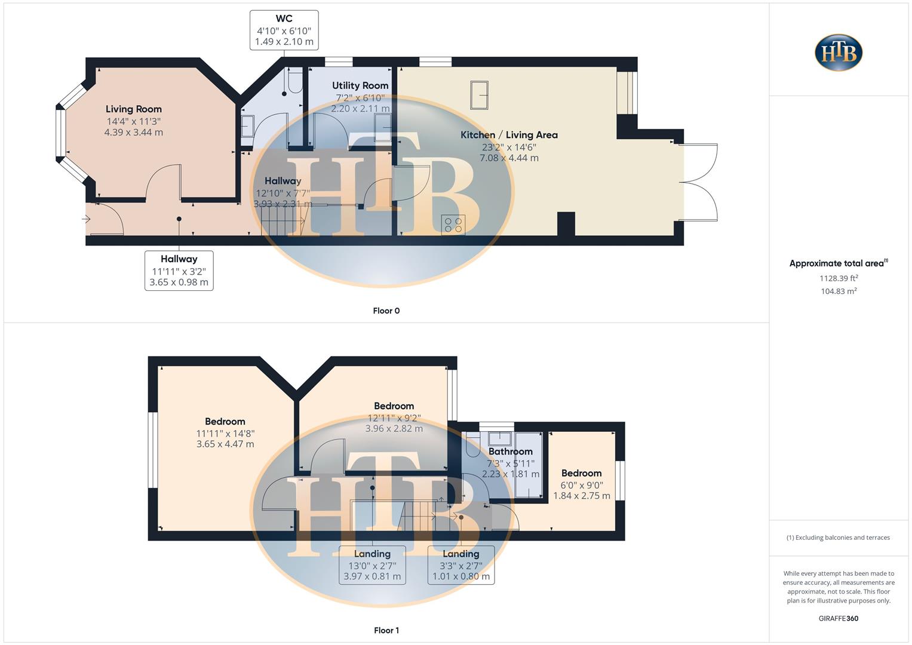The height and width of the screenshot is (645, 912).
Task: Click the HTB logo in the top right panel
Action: [x=839, y=53]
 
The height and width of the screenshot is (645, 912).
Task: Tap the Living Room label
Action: [x=134, y=109]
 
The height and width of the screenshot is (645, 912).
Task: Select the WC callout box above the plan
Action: [x=284, y=30]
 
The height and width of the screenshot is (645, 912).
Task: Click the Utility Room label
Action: [x=360, y=86]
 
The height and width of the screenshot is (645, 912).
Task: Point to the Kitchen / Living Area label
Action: [x=509, y=135]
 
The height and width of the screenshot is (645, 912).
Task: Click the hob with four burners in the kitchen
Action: [x=453, y=225]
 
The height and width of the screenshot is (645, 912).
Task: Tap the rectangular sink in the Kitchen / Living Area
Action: [x=479, y=95]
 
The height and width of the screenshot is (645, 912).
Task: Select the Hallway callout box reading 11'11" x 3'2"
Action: [x=179, y=271]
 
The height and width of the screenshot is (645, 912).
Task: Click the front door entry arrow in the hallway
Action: [x=86, y=219]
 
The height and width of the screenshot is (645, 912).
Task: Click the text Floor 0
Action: [x=386, y=311]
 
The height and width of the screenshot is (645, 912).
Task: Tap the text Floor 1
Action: [x=386, y=630]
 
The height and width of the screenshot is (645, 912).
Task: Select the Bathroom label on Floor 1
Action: [x=510, y=452]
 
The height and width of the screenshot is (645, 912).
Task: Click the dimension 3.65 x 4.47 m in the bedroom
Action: [x=225, y=444]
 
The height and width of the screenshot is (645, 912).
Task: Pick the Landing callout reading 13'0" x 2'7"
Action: [x=372, y=565]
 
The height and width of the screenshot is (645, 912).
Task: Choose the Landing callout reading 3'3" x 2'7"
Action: [x=460, y=565]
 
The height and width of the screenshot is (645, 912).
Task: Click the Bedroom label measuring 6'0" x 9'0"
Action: [x=581, y=474]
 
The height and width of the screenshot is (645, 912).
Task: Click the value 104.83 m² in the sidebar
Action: [x=839, y=291]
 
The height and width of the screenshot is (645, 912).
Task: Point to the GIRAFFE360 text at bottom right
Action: [x=838, y=619]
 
